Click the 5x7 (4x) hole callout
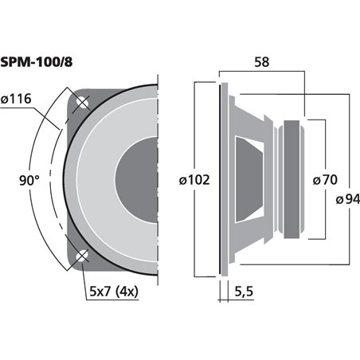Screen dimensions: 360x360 click(x=113, y=292)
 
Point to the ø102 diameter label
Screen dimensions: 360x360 click(x=191, y=180)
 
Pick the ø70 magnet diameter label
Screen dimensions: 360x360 click(x=327, y=180)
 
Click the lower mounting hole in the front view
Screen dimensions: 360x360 click(x=82, y=256)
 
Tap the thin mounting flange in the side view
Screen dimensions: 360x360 click(x=221, y=179)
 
